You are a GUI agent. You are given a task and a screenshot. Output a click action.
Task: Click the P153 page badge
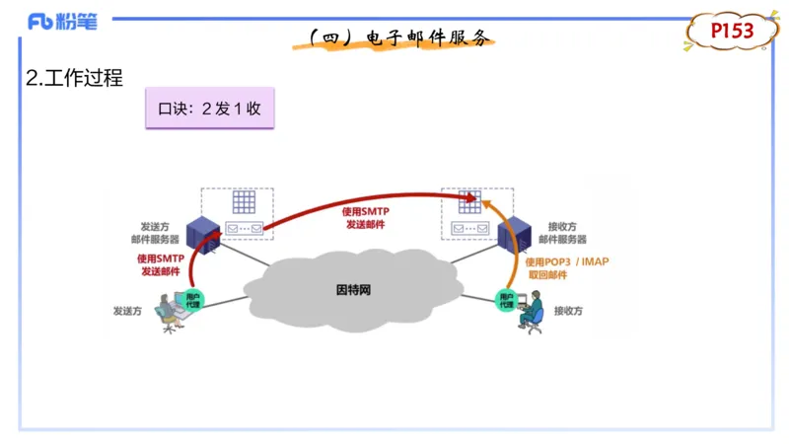coord(733,32)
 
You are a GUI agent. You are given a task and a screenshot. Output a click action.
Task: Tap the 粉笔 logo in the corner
coord(63,21)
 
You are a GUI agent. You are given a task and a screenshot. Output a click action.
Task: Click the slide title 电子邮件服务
coord(398,38)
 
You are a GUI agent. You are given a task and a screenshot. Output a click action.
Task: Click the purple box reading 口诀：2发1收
coord(209,109)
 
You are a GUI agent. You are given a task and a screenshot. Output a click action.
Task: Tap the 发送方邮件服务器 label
coord(155,233)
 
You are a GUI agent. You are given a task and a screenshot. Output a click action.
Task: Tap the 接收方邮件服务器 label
coord(562,233)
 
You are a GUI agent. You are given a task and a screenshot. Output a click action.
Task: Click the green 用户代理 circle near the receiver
coord(506,300)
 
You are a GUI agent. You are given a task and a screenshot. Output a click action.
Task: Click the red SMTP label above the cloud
coord(366,218)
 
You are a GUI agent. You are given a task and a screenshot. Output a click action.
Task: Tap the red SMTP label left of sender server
coord(161,264)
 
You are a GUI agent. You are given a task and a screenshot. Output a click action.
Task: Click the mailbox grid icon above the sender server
coord(243,202)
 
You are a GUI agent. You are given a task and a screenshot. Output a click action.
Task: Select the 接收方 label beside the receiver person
coord(568,311)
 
